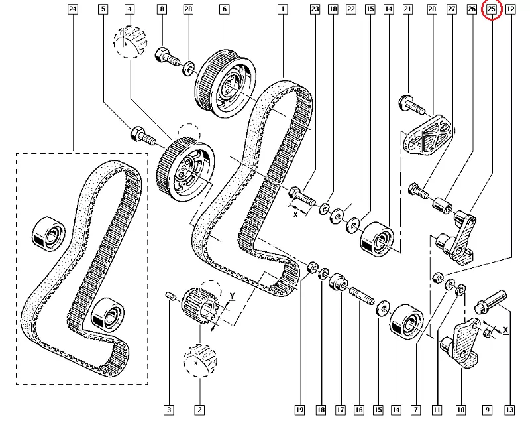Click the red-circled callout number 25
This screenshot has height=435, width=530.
[492, 9]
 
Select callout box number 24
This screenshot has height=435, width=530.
[72, 9]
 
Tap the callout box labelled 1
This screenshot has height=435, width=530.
[283, 9]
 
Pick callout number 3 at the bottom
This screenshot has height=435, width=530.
[170, 410]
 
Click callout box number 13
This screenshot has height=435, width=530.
[509, 410]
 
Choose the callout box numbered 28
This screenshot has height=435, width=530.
[188, 9]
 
